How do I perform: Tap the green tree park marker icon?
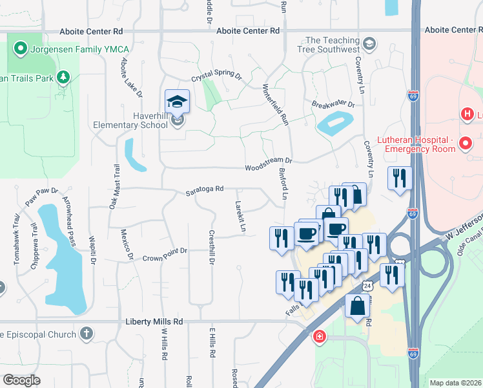[x=63, y=78]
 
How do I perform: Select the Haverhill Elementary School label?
[x=130, y=120]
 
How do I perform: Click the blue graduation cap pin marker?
[x=177, y=102]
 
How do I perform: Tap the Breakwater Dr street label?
[x=333, y=105]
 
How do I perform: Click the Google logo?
[x=21, y=380]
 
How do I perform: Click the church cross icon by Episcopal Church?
[x=86, y=334]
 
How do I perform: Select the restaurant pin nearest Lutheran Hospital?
[x=399, y=177]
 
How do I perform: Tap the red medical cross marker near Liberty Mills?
[x=319, y=336]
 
